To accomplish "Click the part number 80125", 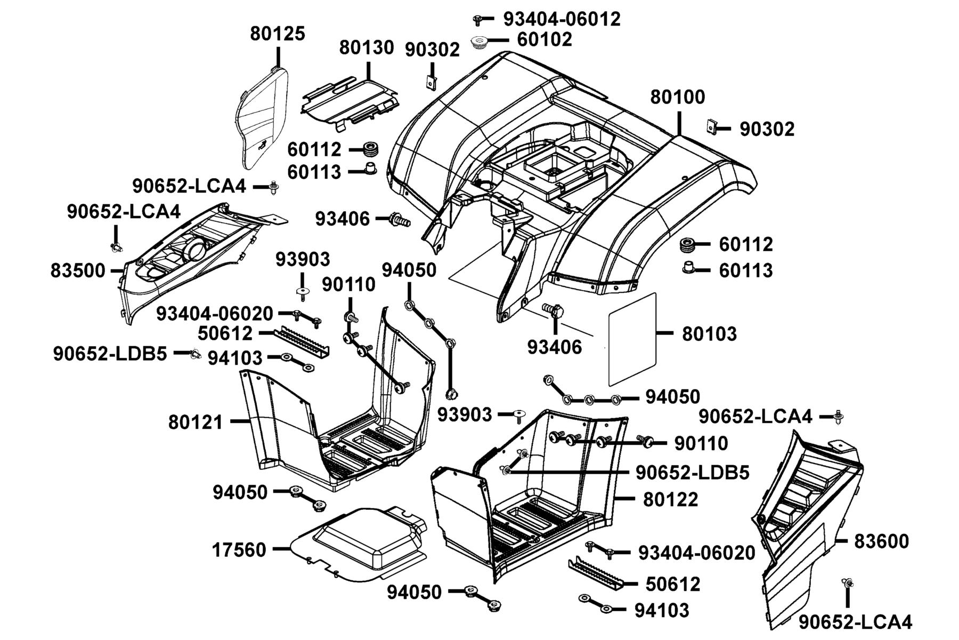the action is click(x=278, y=34).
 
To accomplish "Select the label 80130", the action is click(x=367, y=48).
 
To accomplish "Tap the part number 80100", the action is click(x=678, y=97).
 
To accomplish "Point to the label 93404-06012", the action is click(x=562, y=19).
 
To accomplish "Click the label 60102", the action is click(x=544, y=39).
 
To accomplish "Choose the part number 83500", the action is click(x=78, y=271).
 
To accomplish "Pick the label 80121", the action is click(x=196, y=422).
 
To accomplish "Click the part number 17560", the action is click(x=239, y=549).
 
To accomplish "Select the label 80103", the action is click(x=710, y=334).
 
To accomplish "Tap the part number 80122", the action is click(x=670, y=500).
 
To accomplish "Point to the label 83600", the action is click(x=881, y=541).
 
